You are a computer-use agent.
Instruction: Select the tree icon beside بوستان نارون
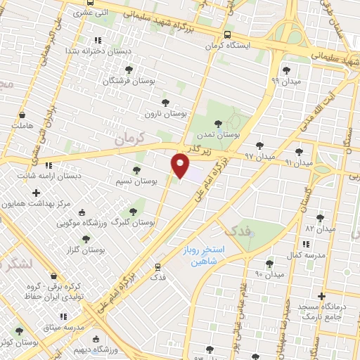click(x=165, y=102)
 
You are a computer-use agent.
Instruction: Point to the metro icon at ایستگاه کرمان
click(x=226, y=34)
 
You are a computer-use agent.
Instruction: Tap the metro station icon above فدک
click(x=157, y=266)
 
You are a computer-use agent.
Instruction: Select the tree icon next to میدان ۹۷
click(x=260, y=146)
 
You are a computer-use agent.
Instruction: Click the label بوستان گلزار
click(x=87, y=250)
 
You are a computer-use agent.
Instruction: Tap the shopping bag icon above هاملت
click(x=22, y=114)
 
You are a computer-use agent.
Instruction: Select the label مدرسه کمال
click(x=309, y=255)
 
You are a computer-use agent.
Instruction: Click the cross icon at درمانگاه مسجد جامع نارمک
click(x=322, y=296)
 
